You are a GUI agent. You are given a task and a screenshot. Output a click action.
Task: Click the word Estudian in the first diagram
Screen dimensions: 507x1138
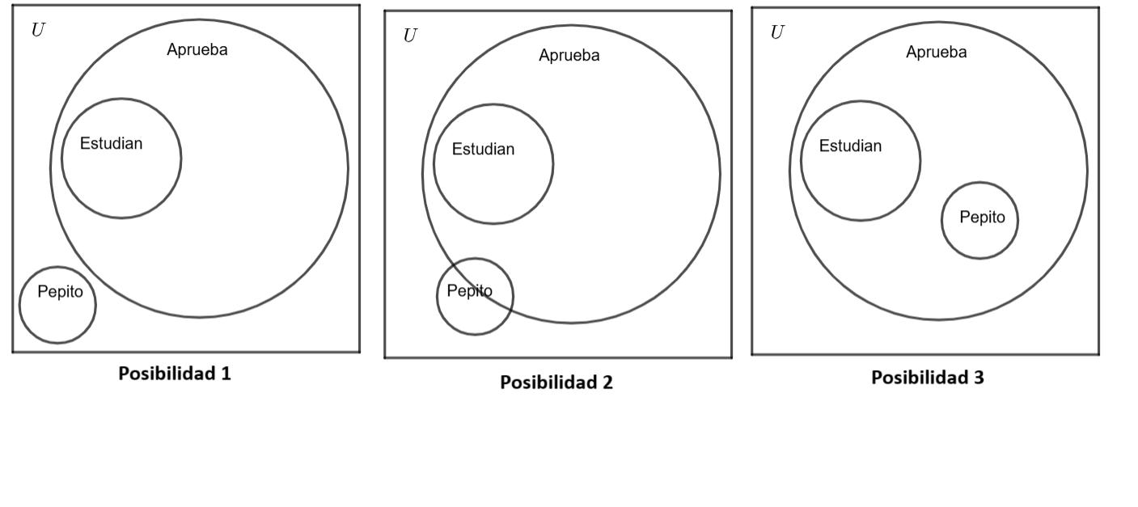(x=111, y=144)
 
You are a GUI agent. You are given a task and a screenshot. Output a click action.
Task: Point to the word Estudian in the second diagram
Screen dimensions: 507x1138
(x=483, y=150)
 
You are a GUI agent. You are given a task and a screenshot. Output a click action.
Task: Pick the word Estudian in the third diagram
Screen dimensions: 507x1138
(x=850, y=146)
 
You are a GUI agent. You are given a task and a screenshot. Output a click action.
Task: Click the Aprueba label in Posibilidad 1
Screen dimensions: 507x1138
(x=197, y=50)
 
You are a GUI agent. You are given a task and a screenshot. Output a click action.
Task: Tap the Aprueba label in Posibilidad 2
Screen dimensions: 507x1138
(x=569, y=56)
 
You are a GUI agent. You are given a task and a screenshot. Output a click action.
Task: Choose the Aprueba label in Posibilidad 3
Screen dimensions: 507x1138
(x=937, y=53)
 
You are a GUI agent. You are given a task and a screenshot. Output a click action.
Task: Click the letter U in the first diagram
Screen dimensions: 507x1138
(x=37, y=31)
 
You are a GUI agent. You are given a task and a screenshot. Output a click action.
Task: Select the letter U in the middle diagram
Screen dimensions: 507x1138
(x=410, y=36)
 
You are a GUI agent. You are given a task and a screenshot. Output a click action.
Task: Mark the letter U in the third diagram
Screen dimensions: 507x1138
(x=777, y=33)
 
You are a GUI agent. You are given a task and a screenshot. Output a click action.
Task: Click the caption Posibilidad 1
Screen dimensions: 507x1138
(x=175, y=374)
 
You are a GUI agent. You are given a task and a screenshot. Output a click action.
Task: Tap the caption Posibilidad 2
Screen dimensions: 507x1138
(x=556, y=382)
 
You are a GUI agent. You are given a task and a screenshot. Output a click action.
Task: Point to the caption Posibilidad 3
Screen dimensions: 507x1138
(x=928, y=378)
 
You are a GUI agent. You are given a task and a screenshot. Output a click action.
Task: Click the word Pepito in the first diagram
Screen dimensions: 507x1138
(x=60, y=292)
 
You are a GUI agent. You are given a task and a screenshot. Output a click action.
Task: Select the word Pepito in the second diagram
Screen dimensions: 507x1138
(x=469, y=291)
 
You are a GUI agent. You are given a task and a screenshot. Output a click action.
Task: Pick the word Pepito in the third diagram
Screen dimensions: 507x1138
(x=982, y=218)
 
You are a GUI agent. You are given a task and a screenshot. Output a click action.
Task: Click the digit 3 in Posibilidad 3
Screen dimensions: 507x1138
(x=979, y=378)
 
